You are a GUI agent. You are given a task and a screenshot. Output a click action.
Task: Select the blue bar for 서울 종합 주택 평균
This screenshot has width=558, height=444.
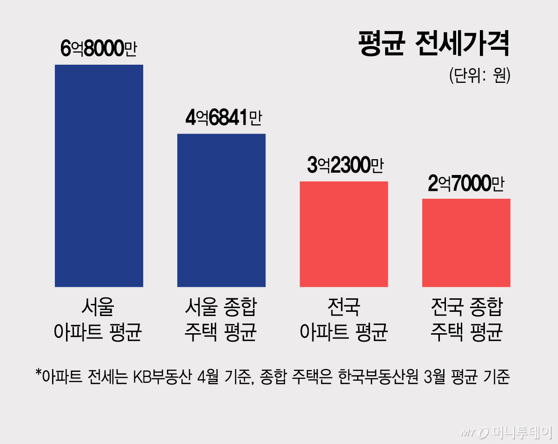click(221, 210)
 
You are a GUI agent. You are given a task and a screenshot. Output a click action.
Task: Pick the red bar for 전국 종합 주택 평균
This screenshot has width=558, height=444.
click(466, 242)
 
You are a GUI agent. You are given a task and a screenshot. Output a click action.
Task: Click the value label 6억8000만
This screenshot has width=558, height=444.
click(99, 48)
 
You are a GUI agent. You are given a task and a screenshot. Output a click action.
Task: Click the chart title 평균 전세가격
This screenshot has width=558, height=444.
click(434, 44)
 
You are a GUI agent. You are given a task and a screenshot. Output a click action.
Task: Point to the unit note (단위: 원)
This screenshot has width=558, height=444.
click(480, 75)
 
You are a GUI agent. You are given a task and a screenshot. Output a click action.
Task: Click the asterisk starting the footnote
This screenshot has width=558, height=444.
click(39, 373)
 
